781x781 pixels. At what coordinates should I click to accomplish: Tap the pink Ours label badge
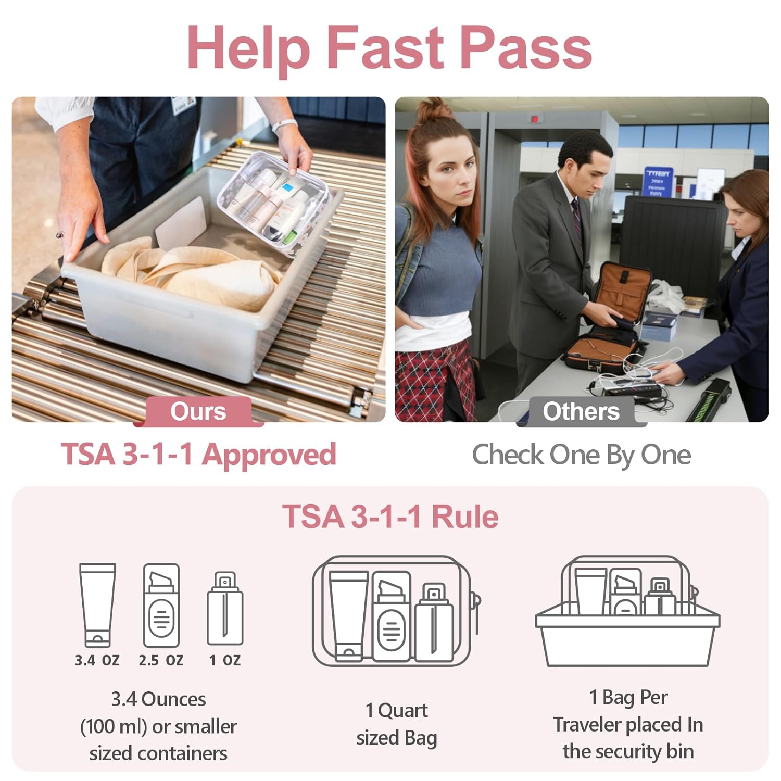(198, 411)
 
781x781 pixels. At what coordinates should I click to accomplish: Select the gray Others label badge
(581, 411)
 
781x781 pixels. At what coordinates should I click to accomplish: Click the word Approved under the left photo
(269, 454)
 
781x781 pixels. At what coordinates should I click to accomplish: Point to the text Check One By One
(581, 455)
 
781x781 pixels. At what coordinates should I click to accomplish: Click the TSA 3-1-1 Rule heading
(390, 517)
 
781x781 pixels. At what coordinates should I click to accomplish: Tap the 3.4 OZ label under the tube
(97, 660)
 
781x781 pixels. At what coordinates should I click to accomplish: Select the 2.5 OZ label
(161, 660)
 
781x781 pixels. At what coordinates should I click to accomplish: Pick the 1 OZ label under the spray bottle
(225, 660)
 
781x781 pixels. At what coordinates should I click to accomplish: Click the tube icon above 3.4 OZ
(97, 604)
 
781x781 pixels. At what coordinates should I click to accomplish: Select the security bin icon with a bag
(627, 614)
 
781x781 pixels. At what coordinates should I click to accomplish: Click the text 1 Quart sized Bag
(396, 724)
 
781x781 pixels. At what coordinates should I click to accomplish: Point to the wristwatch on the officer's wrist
(284, 125)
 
